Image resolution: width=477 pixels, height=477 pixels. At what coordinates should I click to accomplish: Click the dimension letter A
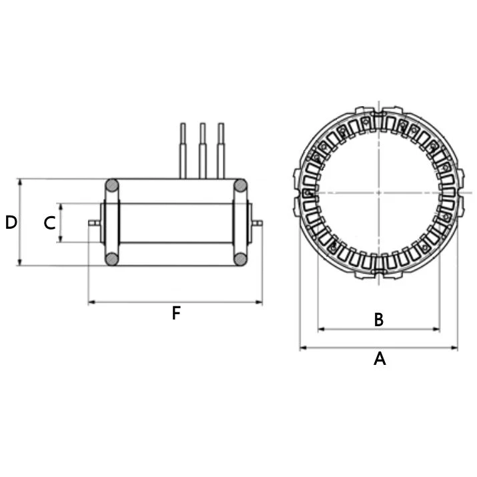click(x=380, y=359)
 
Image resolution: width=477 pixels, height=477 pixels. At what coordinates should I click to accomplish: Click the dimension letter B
click(x=379, y=320)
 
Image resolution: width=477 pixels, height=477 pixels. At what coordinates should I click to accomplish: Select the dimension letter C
click(x=49, y=223)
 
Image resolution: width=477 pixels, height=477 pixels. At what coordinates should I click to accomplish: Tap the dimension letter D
click(x=11, y=222)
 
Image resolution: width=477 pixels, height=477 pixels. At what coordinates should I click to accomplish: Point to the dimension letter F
click(x=176, y=314)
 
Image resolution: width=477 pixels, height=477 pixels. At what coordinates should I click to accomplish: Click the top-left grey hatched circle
click(x=112, y=185)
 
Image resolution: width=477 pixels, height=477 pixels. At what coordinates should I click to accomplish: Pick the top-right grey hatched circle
click(x=240, y=185)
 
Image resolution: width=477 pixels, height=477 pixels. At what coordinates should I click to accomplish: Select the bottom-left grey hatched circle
click(x=112, y=260)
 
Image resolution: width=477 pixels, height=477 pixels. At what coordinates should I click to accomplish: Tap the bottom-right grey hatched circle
click(x=240, y=260)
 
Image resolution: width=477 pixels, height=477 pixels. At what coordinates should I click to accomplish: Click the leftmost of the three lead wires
click(x=183, y=151)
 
